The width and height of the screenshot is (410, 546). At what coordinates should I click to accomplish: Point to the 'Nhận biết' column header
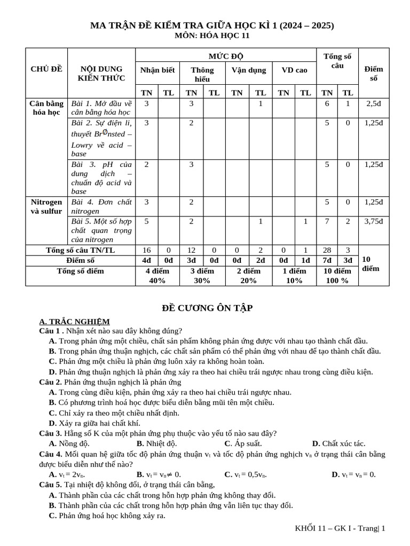click(x=157, y=70)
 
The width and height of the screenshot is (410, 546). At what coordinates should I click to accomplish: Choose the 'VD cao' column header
click(x=294, y=70)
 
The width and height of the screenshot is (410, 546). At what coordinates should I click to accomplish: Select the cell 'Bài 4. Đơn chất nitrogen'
click(x=101, y=206)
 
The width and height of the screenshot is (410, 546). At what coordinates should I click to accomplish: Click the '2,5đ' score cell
click(x=373, y=103)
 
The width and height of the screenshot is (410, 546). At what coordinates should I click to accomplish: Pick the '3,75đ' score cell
click(x=373, y=221)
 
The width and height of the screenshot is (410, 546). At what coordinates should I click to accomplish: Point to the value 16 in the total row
click(x=147, y=250)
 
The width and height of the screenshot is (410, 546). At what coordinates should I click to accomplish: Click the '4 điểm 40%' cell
click(x=157, y=276)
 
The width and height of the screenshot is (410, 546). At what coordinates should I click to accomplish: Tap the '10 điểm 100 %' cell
click(x=337, y=276)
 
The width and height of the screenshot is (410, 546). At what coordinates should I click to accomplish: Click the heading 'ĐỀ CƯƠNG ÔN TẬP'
click(x=207, y=308)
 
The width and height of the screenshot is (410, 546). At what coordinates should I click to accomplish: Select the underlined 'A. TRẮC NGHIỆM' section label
click(x=75, y=321)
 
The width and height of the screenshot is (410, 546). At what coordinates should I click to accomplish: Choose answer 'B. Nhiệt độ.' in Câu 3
click(x=156, y=443)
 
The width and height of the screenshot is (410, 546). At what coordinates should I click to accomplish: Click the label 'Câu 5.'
click(x=51, y=485)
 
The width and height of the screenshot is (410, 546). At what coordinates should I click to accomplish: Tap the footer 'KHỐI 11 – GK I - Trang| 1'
click(x=340, y=528)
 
